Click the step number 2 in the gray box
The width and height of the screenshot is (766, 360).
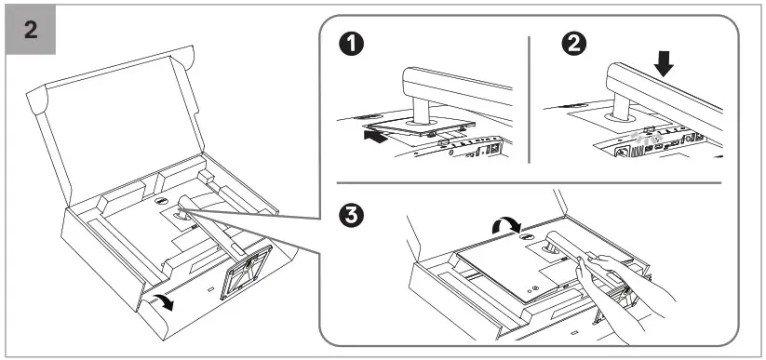[31, 31]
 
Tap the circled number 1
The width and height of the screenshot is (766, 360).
[351, 45]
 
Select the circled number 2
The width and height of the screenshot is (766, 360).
[574, 45]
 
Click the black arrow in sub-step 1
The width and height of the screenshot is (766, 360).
[376, 137]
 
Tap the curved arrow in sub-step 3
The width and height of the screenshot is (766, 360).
[506, 225]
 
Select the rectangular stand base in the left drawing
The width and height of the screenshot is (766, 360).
[246, 272]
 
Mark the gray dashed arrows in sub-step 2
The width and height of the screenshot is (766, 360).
[642, 139]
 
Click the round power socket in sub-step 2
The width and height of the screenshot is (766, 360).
[622, 152]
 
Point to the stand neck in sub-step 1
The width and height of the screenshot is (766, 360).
[419, 110]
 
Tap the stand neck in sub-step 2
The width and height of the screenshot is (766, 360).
[620, 105]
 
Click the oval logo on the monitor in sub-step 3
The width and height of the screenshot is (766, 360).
[526, 236]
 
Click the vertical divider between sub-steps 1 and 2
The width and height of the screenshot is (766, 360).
[529, 100]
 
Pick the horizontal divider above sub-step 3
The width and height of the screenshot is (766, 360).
[529, 183]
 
